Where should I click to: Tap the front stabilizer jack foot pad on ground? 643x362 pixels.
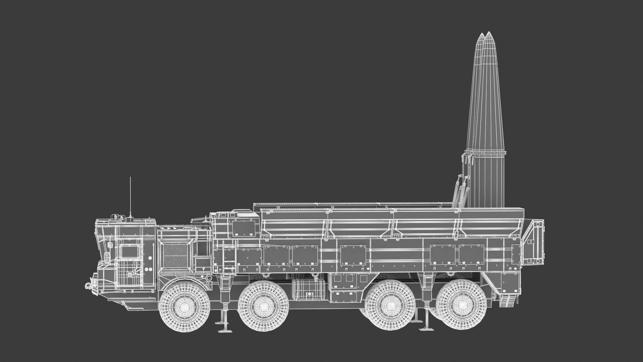224,330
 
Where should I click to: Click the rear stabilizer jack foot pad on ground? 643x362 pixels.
425,329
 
